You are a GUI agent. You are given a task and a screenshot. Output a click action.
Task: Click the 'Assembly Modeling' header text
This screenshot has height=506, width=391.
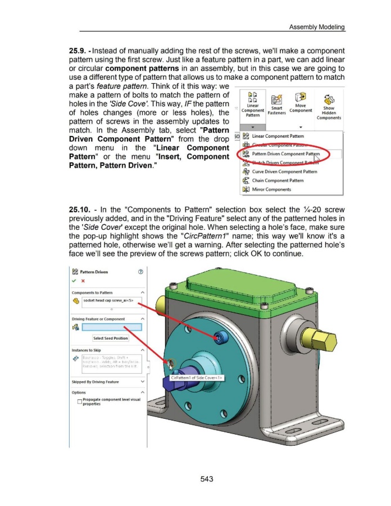[316, 26]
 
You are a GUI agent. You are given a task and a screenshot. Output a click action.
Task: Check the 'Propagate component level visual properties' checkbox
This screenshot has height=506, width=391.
[78, 401]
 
